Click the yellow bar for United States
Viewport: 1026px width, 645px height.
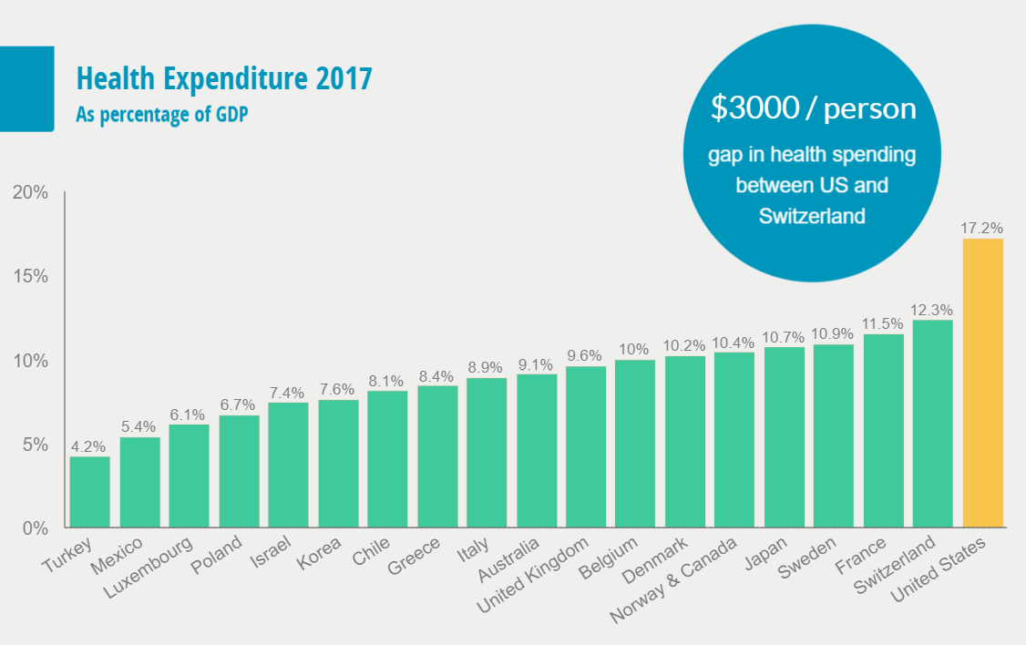(x=982, y=383)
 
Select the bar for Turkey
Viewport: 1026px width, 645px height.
(x=89, y=492)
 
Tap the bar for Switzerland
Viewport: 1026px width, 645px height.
(x=932, y=424)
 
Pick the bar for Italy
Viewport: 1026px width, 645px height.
(x=487, y=453)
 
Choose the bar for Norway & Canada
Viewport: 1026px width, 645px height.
(x=734, y=440)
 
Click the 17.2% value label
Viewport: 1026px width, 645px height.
(x=982, y=227)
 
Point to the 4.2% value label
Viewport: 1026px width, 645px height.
(x=89, y=446)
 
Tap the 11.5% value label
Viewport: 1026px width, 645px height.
(x=883, y=324)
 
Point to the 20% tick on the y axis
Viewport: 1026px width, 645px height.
(x=30, y=192)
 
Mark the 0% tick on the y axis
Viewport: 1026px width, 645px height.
(x=35, y=528)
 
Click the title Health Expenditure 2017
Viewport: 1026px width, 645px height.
(x=224, y=79)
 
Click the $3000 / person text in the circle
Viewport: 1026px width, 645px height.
(x=813, y=108)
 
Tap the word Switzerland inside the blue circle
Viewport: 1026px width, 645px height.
(x=813, y=216)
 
